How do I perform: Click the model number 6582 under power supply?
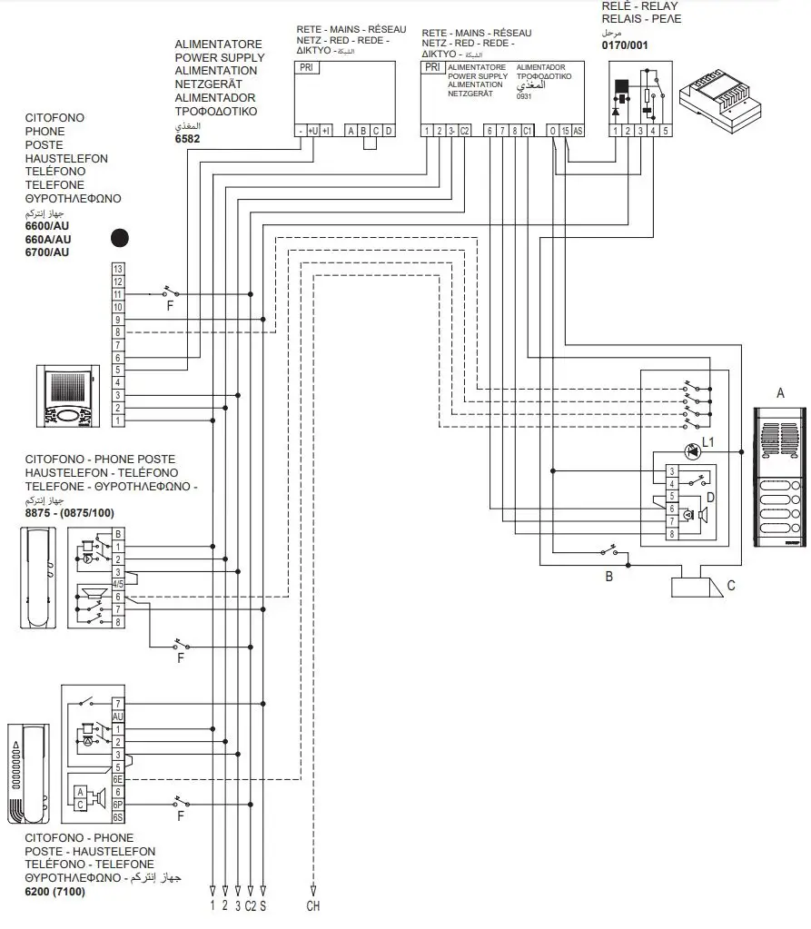pos(187,139)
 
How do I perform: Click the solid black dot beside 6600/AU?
pos(118,238)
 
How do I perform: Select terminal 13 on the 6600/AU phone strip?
pos(118,269)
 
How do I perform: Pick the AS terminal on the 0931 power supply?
pos(578,131)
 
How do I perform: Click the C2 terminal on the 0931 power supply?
pos(464,131)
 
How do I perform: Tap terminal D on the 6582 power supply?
pos(389,131)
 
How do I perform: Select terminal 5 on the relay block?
pos(666,131)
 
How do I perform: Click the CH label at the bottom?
pos(313,905)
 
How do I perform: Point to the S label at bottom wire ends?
pos(262,905)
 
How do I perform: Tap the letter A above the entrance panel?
pos(779,393)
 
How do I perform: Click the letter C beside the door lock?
pos(731,586)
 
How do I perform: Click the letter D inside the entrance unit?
pos(711,497)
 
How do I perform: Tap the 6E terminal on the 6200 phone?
pos(118,779)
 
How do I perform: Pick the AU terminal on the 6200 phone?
pos(118,717)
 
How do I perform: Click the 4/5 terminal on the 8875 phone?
pos(118,583)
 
